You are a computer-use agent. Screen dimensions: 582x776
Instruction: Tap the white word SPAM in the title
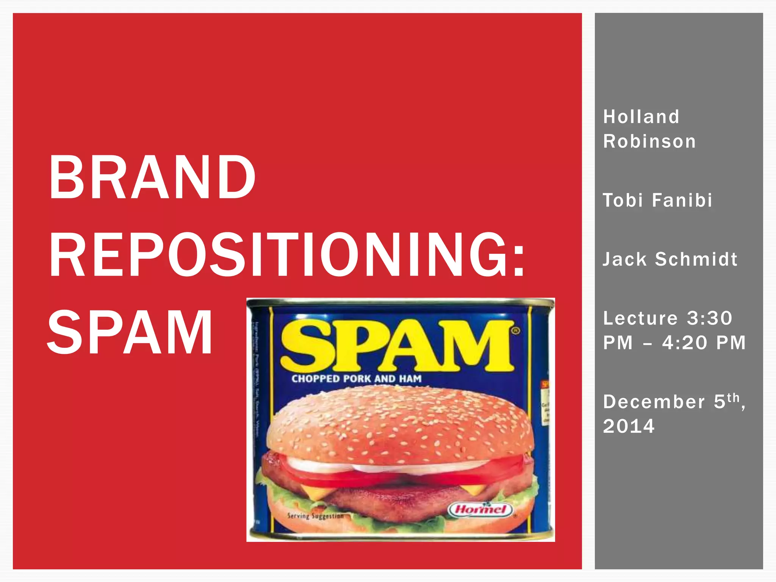click(x=130, y=332)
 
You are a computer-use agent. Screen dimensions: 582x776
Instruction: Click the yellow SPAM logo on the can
click(x=396, y=346)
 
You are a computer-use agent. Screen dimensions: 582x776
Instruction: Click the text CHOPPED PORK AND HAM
click(x=356, y=379)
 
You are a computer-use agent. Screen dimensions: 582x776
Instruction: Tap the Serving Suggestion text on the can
click(x=315, y=516)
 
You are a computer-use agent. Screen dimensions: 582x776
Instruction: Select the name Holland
click(x=641, y=117)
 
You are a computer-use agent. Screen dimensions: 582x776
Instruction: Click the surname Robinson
click(x=649, y=141)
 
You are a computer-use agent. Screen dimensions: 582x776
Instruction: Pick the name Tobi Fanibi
click(x=657, y=200)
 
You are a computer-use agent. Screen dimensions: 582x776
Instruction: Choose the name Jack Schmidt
click(x=670, y=259)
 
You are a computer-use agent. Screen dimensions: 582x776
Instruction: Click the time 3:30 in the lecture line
click(x=709, y=318)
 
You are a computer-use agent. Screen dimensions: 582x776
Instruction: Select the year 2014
click(x=629, y=426)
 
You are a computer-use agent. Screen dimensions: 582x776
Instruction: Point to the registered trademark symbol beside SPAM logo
click(x=516, y=330)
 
